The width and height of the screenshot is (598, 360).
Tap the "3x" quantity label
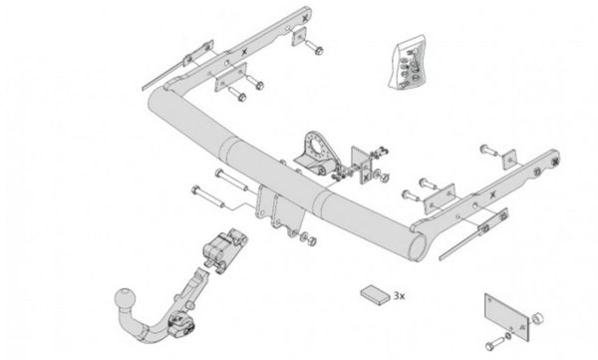pos(400,296)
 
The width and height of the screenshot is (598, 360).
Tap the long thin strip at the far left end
pos(164,75)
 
